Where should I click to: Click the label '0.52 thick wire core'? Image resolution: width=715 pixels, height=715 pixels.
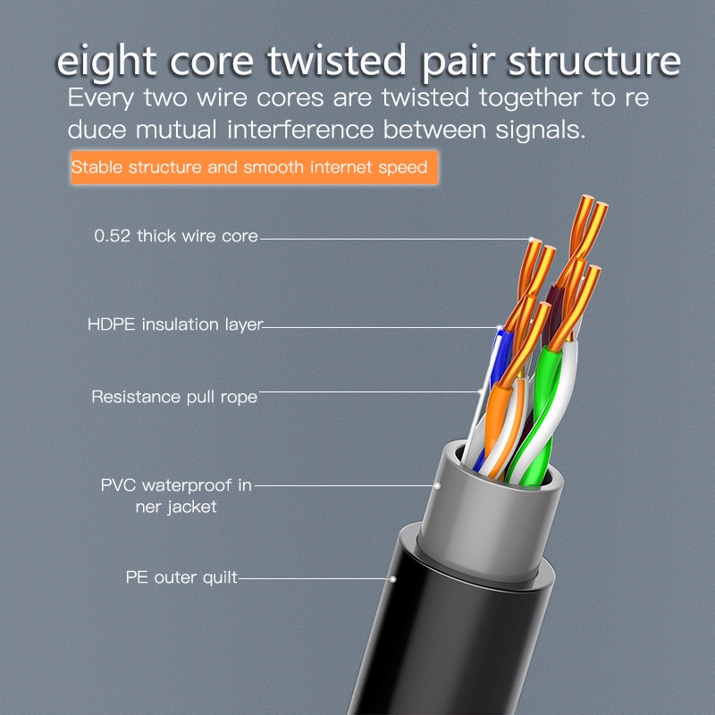point(176,237)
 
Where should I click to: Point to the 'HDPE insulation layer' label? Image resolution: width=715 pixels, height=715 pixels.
point(175,324)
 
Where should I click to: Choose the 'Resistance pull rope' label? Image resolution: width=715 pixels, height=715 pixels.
point(174,396)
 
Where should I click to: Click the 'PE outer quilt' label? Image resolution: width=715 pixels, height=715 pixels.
point(181,577)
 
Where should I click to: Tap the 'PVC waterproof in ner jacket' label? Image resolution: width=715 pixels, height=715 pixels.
point(176,496)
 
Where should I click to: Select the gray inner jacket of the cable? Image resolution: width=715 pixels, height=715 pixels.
point(500,518)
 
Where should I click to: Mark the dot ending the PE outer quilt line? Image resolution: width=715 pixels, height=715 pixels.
point(392,579)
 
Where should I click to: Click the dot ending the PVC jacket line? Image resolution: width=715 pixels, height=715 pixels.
point(438,486)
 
